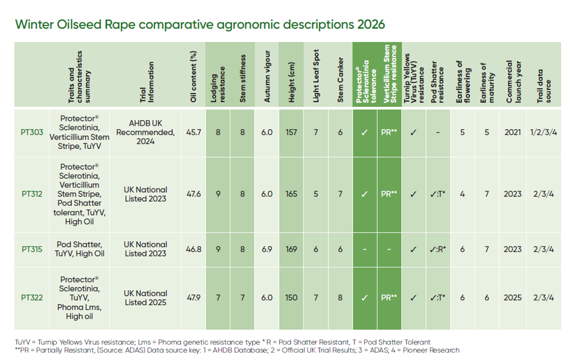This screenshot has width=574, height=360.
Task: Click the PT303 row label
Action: pos(32,132)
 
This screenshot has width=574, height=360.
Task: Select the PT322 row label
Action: pos(32,298)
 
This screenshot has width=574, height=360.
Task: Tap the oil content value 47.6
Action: pos(194,194)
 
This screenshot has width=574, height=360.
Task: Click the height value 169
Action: pos(291,249)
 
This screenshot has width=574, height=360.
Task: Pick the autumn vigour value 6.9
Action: pos(267,249)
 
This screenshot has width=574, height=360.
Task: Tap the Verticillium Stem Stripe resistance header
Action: pos(390,76)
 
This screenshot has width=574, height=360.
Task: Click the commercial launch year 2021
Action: pos(512,132)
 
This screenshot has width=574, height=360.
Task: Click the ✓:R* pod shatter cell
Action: pos(438,249)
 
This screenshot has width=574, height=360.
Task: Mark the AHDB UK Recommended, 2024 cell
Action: pos(145,132)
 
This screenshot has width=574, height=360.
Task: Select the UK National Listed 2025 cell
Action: pos(145,298)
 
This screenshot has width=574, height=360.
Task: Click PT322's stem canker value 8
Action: pos(341,298)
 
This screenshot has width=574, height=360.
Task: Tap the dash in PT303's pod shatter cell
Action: pos(438,132)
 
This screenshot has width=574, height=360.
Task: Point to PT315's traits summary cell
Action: pos(80,249)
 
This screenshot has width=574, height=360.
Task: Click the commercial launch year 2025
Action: pos(512,298)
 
